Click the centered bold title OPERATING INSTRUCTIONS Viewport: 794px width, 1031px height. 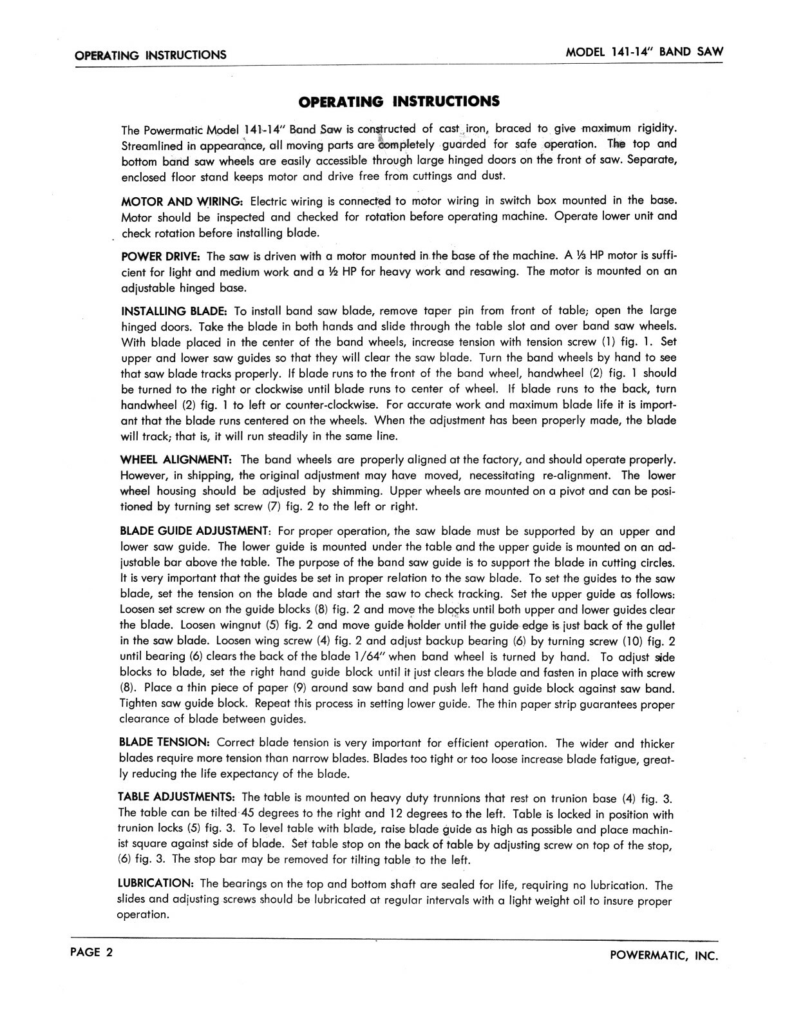(398, 101)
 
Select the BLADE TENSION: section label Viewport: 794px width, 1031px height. (164, 743)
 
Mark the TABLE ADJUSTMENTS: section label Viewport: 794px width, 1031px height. (177, 798)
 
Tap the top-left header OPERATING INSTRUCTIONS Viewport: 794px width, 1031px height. (151, 55)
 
